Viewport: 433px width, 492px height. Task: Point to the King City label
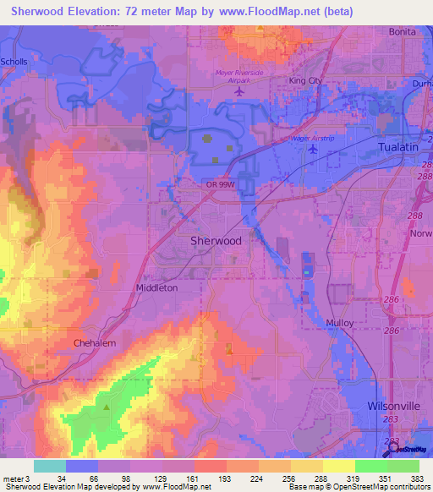click(306, 80)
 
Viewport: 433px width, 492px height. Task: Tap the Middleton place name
click(157, 287)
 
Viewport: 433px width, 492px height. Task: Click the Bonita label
click(402, 31)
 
